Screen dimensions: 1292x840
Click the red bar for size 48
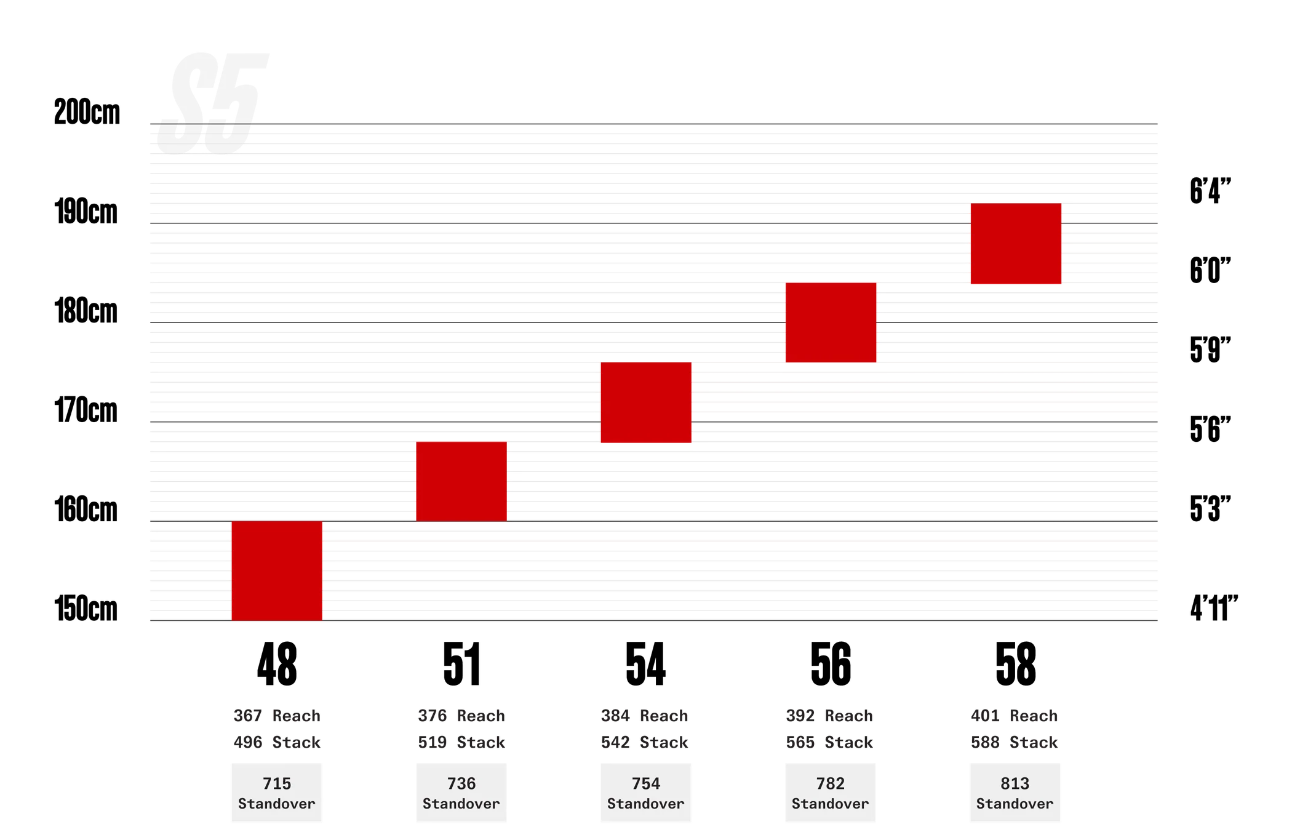click(277, 570)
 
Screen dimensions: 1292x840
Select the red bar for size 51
click(461, 481)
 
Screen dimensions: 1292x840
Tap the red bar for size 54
click(646, 402)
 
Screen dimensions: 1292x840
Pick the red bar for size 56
click(831, 322)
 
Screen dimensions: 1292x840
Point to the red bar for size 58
click(1016, 244)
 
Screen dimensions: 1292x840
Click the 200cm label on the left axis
click(87, 112)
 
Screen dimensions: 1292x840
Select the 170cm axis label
click(86, 410)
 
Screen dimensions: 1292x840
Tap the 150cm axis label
click(86, 609)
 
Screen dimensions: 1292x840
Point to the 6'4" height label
click(1210, 191)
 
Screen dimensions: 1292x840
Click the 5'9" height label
click(1210, 350)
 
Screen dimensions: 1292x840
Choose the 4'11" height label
click(1214, 609)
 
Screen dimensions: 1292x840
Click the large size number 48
click(277, 665)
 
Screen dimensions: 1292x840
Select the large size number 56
click(831, 665)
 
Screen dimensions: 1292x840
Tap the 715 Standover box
click(277, 793)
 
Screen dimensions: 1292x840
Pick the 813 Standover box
click(1015, 793)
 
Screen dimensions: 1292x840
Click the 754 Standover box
click(646, 793)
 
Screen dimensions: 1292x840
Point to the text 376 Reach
click(461, 716)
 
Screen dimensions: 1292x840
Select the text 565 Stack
click(829, 742)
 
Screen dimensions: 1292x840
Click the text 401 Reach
click(1014, 716)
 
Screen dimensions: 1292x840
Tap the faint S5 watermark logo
click(212, 103)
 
